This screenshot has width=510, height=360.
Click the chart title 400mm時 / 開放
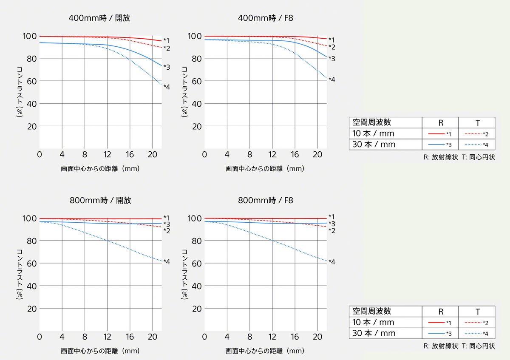[x=99, y=18]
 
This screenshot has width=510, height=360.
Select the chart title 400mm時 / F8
[x=265, y=18]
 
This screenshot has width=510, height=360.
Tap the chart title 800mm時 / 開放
[x=99, y=200]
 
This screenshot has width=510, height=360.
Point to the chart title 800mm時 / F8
[x=265, y=200]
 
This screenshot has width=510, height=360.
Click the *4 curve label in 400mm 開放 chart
[x=167, y=87]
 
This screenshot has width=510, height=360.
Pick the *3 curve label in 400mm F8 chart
[x=331, y=59]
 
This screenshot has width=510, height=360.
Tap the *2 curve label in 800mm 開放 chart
[x=167, y=231]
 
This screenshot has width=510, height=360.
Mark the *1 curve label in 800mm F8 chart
[x=331, y=217]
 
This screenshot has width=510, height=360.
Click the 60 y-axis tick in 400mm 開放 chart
[x=32, y=81]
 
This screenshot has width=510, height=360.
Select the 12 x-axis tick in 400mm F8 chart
[x=272, y=154]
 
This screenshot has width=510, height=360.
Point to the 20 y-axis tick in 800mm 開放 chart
[x=32, y=309]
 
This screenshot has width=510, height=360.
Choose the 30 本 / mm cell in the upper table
[x=374, y=145]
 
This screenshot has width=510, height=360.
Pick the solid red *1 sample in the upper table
[x=440, y=134]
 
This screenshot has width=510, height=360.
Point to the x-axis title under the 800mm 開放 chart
[x=100, y=351]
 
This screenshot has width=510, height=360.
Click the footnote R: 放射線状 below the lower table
[x=441, y=346]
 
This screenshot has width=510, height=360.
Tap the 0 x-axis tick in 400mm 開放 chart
[x=40, y=154]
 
